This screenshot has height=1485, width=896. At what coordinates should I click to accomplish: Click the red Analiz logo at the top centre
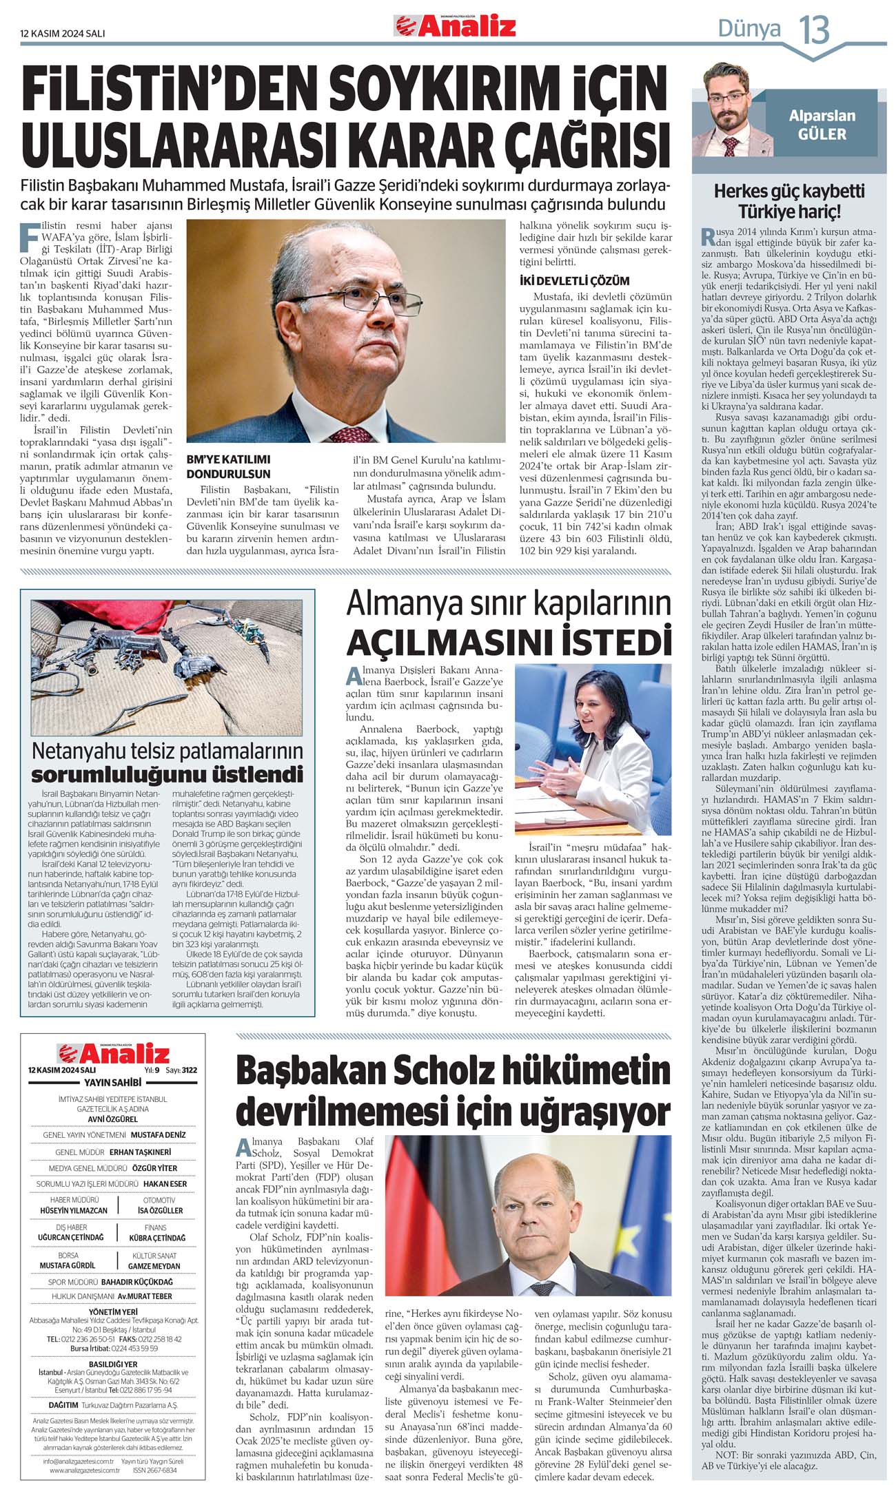coord(455,27)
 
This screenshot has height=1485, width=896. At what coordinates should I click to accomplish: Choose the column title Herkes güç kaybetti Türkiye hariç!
coord(788,200)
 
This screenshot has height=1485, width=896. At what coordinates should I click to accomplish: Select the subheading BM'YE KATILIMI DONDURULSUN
coord(228,466)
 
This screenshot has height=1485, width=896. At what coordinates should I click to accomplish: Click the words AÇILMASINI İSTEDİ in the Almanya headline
coord(508,641)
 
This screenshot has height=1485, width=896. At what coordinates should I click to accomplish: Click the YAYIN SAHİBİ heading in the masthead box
coord(112,1082)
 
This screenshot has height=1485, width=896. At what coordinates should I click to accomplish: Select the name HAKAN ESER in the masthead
coord(165,1183)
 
